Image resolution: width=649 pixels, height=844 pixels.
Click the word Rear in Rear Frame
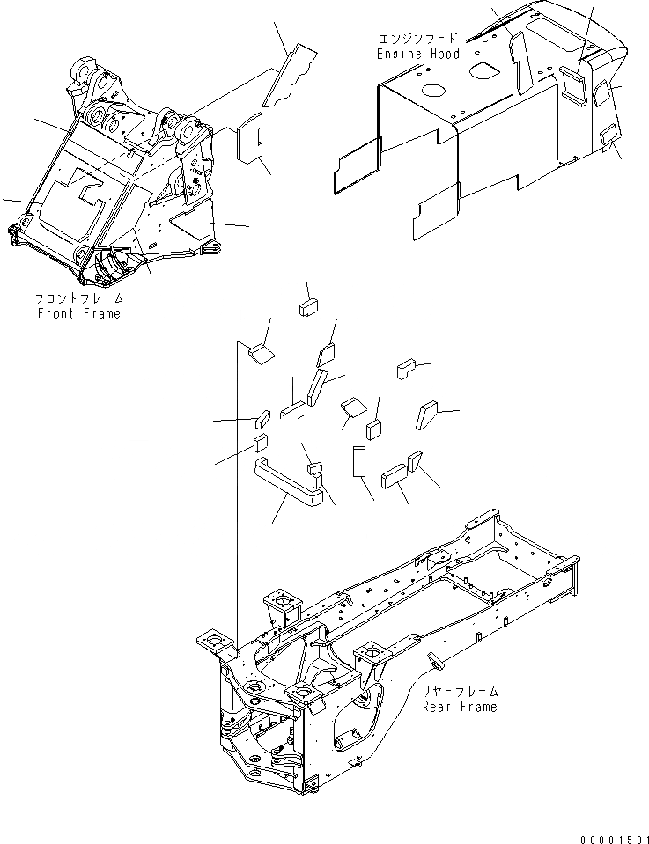click(437, 706)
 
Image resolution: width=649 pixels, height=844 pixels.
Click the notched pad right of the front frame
click(251, 138)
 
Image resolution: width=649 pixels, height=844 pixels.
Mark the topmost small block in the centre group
click(308, 306)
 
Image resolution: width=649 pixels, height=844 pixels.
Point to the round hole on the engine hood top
click(434, 90)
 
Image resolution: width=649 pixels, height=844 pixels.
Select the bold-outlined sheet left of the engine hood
click(357, 165)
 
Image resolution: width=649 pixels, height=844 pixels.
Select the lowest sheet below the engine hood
click(438, 212)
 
